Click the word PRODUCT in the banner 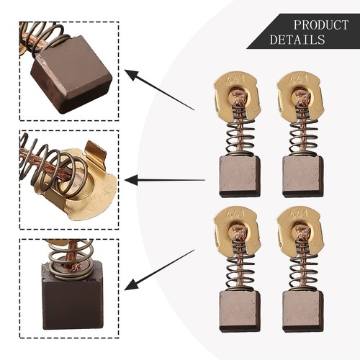coord(320,24)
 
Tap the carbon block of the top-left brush coord(239,176)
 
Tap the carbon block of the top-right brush coord(302,176)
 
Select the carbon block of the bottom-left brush coord(239,311)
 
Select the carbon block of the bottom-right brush coord(302,311)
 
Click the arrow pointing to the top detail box coord(159,90)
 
